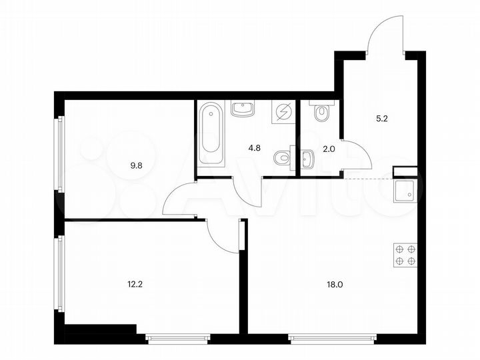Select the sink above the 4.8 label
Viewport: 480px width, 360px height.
tap(241, 109)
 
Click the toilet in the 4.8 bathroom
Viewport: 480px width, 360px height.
tap(283, 157)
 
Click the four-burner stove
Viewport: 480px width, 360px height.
tap(405, 253)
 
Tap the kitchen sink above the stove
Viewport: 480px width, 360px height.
tap(405, 192)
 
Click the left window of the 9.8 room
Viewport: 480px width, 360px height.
tap(61, 156)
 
